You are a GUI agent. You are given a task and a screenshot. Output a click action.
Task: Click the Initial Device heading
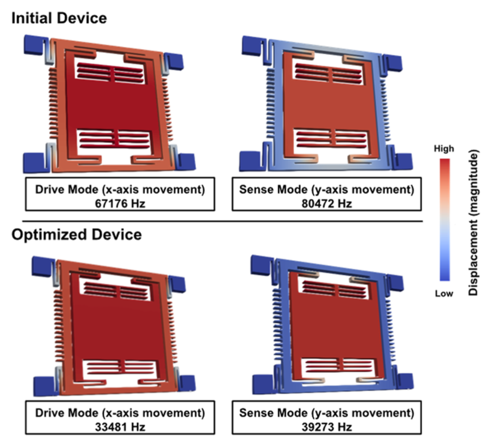[59, 18]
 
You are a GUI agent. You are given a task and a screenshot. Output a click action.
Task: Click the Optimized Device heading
[76, 234]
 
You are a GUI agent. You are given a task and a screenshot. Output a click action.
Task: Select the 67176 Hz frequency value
[120, 204]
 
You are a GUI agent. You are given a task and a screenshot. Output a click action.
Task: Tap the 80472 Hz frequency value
[326, 204]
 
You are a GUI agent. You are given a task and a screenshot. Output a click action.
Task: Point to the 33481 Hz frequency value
[120, 427]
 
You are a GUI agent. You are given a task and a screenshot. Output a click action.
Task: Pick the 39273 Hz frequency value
[326, 427]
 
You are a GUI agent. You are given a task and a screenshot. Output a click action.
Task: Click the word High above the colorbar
[444, 149]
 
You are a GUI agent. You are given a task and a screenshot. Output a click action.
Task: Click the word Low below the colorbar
[444, 293]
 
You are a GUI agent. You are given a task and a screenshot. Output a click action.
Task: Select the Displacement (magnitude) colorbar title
[473, 222]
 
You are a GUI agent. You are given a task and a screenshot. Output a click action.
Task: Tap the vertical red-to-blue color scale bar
[445, 220]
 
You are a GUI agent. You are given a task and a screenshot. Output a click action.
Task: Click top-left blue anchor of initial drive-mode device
[35, 44]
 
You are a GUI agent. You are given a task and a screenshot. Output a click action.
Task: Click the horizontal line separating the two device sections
[222, 221]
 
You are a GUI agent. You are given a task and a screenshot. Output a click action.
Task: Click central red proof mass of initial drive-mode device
[113, 105]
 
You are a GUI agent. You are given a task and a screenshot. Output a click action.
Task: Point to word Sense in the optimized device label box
[254, 413]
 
